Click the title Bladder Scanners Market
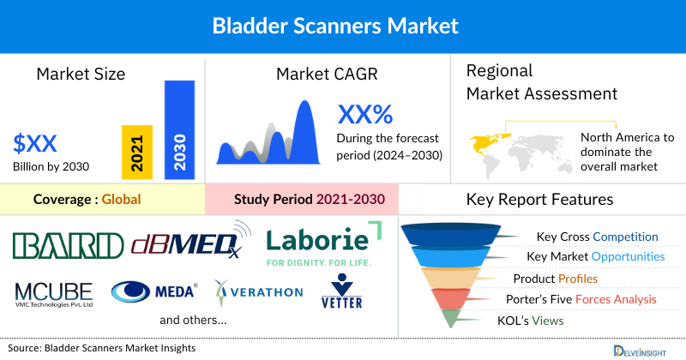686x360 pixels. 343,27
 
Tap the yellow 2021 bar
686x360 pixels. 137,152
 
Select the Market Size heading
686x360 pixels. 81,74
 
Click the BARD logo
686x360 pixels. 69,244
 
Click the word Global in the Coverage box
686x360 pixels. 120,200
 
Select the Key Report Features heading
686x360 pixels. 539,200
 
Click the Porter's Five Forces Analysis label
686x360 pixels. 585,299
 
